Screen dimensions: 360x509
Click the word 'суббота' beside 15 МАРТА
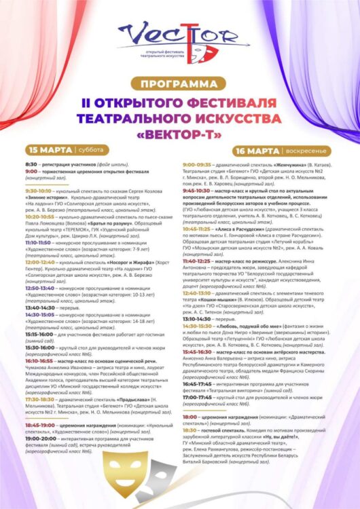90,149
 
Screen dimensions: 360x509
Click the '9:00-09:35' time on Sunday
198,164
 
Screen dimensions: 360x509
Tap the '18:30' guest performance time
190,430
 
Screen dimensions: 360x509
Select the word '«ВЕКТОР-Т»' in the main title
179,133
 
